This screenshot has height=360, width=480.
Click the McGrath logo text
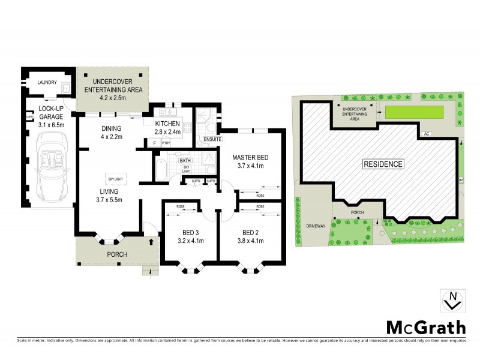(425, 328)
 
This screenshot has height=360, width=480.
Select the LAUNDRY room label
(47, 83)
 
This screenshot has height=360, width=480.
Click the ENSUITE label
(213, 140)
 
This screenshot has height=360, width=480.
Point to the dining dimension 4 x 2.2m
(112, 137)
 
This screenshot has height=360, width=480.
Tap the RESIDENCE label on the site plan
(383, 163)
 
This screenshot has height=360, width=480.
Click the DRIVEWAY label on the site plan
(315, 227)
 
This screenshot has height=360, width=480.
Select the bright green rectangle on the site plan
(415, 112)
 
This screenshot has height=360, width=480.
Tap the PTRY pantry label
(165, 143)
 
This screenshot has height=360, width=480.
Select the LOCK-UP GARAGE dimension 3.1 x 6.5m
(51, 125)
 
